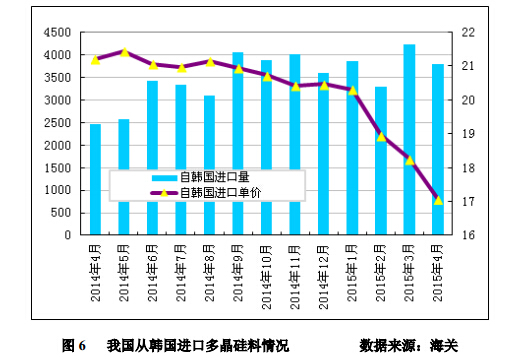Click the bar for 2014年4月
click(95, 180)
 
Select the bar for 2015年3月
click(409, 140)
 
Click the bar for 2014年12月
click(323, 154)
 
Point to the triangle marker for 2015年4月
click(438, 200)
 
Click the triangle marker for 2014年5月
click(124, 52)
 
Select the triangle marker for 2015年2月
click(381, 136)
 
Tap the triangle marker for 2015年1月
click(352, 90)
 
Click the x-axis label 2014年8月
click(209, 269)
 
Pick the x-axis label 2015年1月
click(352, 269)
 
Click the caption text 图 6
click(74, 345)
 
